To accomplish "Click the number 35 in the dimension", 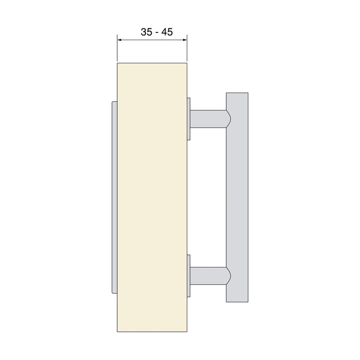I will click(x=146, y=32).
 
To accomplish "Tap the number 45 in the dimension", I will click(x=167, y=32).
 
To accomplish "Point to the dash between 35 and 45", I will click(x=156, y=32).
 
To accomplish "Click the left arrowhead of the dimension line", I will click(x=120, y=40).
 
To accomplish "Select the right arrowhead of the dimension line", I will click(x=184, y=40).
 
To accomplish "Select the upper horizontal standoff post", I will click(x=208, y=118).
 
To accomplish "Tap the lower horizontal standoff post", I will click(x=208, y=275).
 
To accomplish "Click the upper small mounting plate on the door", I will click(x=189, y=118).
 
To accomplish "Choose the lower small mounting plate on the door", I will click(x=189, y=275).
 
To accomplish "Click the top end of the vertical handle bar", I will click(x=237, y=96).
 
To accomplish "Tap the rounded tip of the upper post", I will click(x=228, y=118).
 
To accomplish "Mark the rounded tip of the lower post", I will click(x=228, y=275).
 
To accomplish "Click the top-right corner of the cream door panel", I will click(x=186, y=63).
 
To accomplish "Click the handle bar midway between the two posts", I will click(x=237, y=197).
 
